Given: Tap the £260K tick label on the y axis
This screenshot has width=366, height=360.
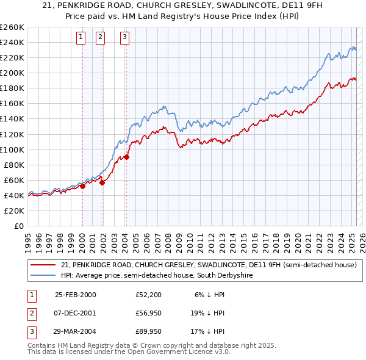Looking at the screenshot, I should tap(12, 27).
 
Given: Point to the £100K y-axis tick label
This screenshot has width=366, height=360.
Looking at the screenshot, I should tap(12, 149).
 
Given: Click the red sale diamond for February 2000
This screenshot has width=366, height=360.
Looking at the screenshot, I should tap(82, 187).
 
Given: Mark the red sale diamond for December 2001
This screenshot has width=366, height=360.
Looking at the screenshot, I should tap(102, 182).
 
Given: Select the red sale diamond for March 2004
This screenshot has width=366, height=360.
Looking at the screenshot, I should tap(127, 157).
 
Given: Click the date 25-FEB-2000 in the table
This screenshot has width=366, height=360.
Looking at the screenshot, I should tap(76, 295).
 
